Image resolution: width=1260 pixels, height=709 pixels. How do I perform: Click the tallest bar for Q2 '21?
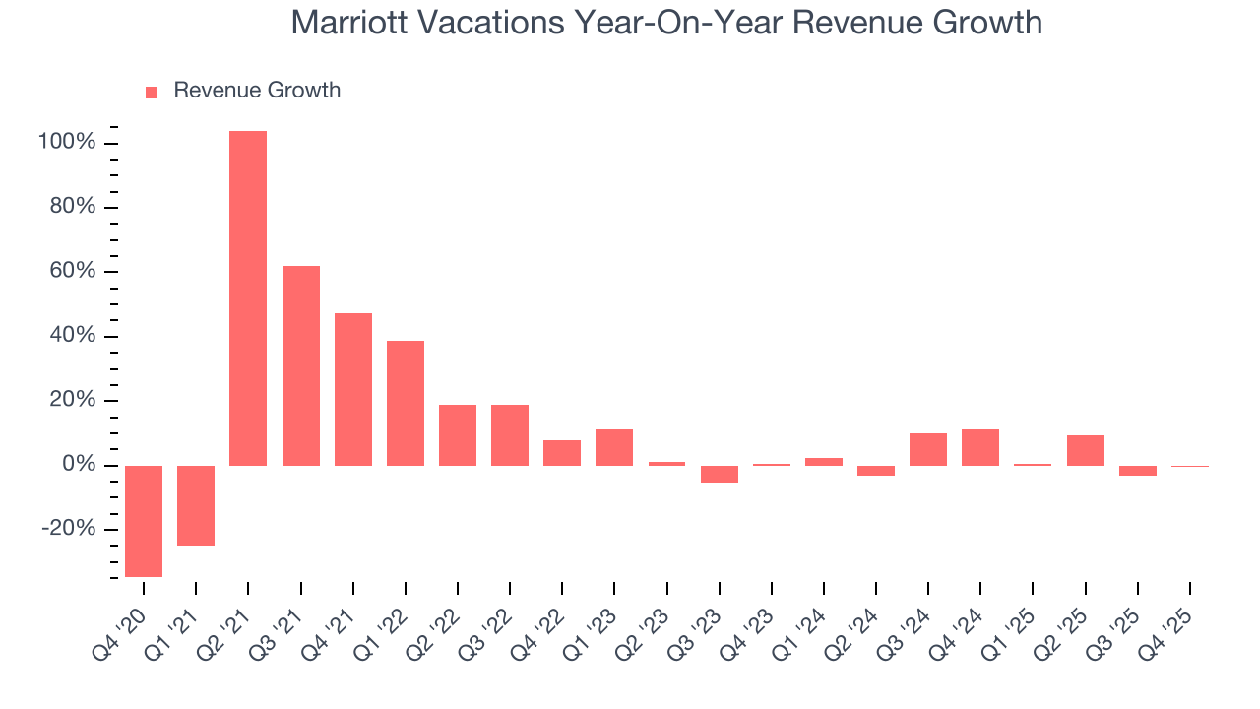248,297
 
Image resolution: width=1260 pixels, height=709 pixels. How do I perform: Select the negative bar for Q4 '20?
144,521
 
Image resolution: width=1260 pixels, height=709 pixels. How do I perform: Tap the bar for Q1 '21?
196,505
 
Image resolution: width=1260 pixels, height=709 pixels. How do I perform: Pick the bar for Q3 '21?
301,365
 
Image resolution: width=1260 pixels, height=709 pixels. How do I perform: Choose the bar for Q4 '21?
353,389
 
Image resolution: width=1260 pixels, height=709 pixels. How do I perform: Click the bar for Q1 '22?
406,403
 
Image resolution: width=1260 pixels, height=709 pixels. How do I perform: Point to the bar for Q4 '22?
562,453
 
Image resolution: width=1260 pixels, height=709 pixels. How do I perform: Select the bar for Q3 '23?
720,474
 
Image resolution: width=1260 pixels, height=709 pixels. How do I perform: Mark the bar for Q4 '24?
980,447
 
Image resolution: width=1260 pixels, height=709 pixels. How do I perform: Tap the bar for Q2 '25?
1086,450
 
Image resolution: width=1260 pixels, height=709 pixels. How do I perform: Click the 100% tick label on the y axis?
67,143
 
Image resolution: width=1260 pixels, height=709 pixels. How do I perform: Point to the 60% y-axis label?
73,272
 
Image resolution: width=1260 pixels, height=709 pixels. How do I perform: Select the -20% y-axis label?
69,529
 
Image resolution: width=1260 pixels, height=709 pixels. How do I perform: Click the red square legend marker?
152,92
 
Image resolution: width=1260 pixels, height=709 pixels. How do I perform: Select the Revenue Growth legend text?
257,91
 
